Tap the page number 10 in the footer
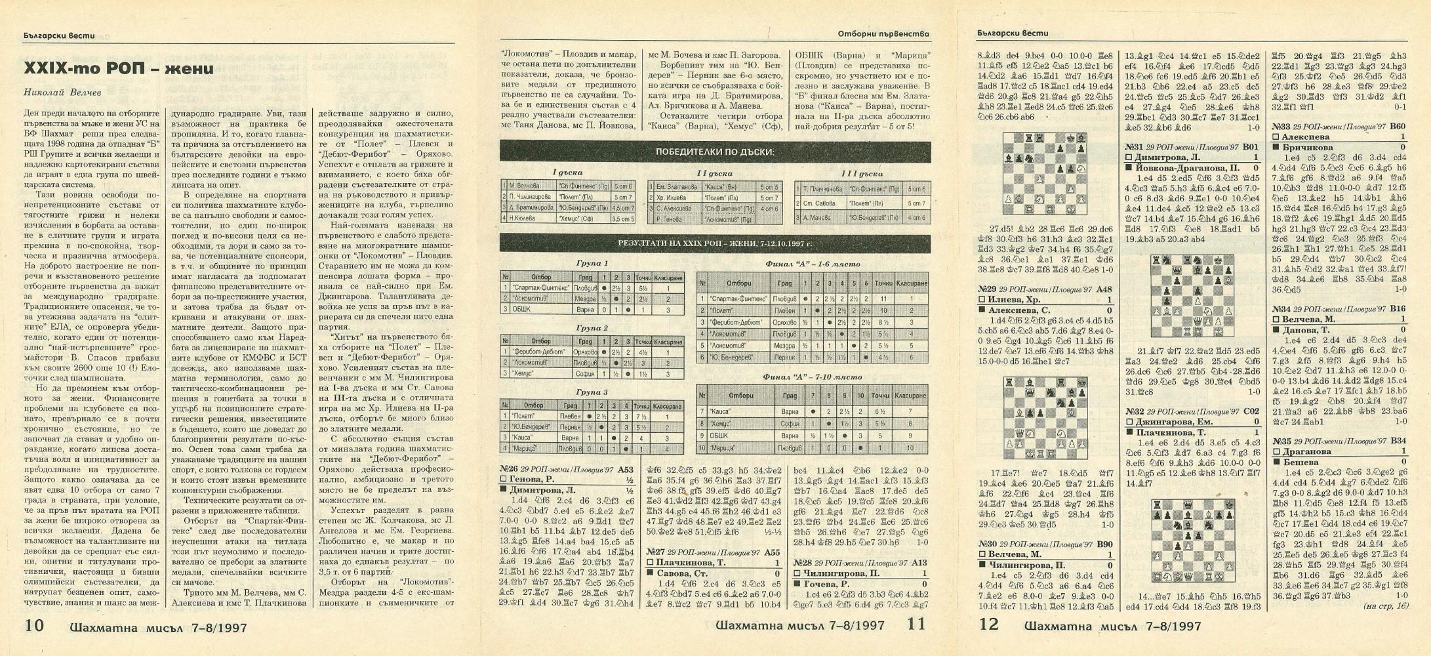[34, 625]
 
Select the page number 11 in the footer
[912, 625]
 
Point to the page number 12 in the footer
[988, 625]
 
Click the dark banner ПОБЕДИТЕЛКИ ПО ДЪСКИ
[714, 152]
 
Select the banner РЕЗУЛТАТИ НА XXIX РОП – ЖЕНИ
[714, 243]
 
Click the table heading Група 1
[592, 264]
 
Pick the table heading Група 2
[592, 328]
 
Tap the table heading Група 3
[592, 392]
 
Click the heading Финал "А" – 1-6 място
[812, 264]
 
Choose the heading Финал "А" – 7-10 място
[812, 377]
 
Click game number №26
[510, 469]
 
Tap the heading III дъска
[862, 174]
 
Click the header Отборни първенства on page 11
[883, 33]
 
